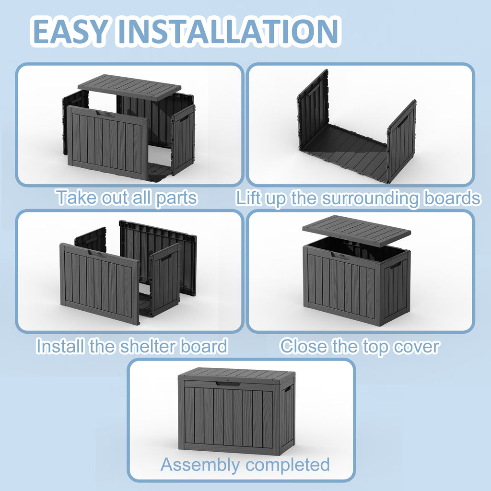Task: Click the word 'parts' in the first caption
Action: pyautogui.click(x=176, y=199)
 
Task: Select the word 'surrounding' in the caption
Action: pyautogui.click(x=371, y=199)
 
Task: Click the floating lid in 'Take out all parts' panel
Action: pyautogui.click(x=129, y=87)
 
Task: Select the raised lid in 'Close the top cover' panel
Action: pyautogui.click(x=356, y=231)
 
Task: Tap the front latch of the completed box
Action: pyautogui.click(x=228, y=384)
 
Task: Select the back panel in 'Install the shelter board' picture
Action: pyautogui.click(x=158, y=257)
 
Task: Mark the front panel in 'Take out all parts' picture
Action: pyautogui.click(x=107, y=142)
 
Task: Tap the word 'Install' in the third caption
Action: pyautogui.click(x=60, y=346)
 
